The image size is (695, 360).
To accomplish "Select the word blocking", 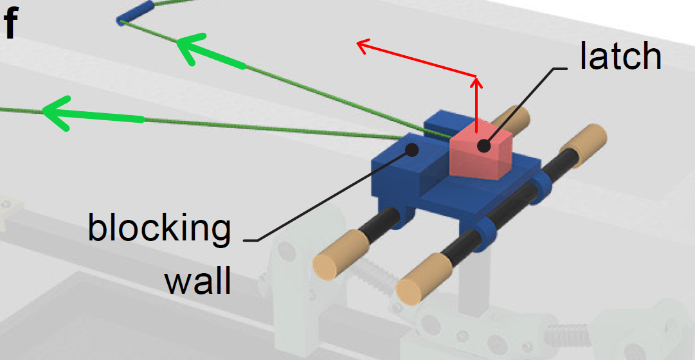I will click(159, 228).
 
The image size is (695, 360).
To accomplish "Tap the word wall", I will click(197, 280).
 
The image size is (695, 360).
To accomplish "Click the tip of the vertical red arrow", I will click(476, 78).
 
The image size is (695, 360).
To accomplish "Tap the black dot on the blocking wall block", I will click(413, 149).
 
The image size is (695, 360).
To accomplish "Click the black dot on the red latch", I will click(482, 146).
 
